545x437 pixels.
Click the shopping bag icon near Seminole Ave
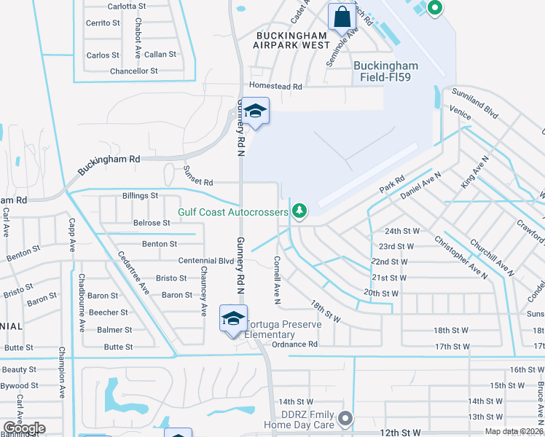(x=342, y=16)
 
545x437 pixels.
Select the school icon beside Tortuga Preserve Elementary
(x=233, y=319)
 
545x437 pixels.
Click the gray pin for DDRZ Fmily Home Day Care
(x=345, y=418)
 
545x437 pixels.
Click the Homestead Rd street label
(x=275, y=86)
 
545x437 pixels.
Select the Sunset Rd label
(x=197, y=182)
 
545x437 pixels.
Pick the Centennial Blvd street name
(x=206, y=261)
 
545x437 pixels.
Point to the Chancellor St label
(x=133, y=71)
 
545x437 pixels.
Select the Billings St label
(x=140, y=196)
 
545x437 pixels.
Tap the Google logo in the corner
(x=23, y=428)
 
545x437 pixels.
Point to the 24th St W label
(x=399, y=230)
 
